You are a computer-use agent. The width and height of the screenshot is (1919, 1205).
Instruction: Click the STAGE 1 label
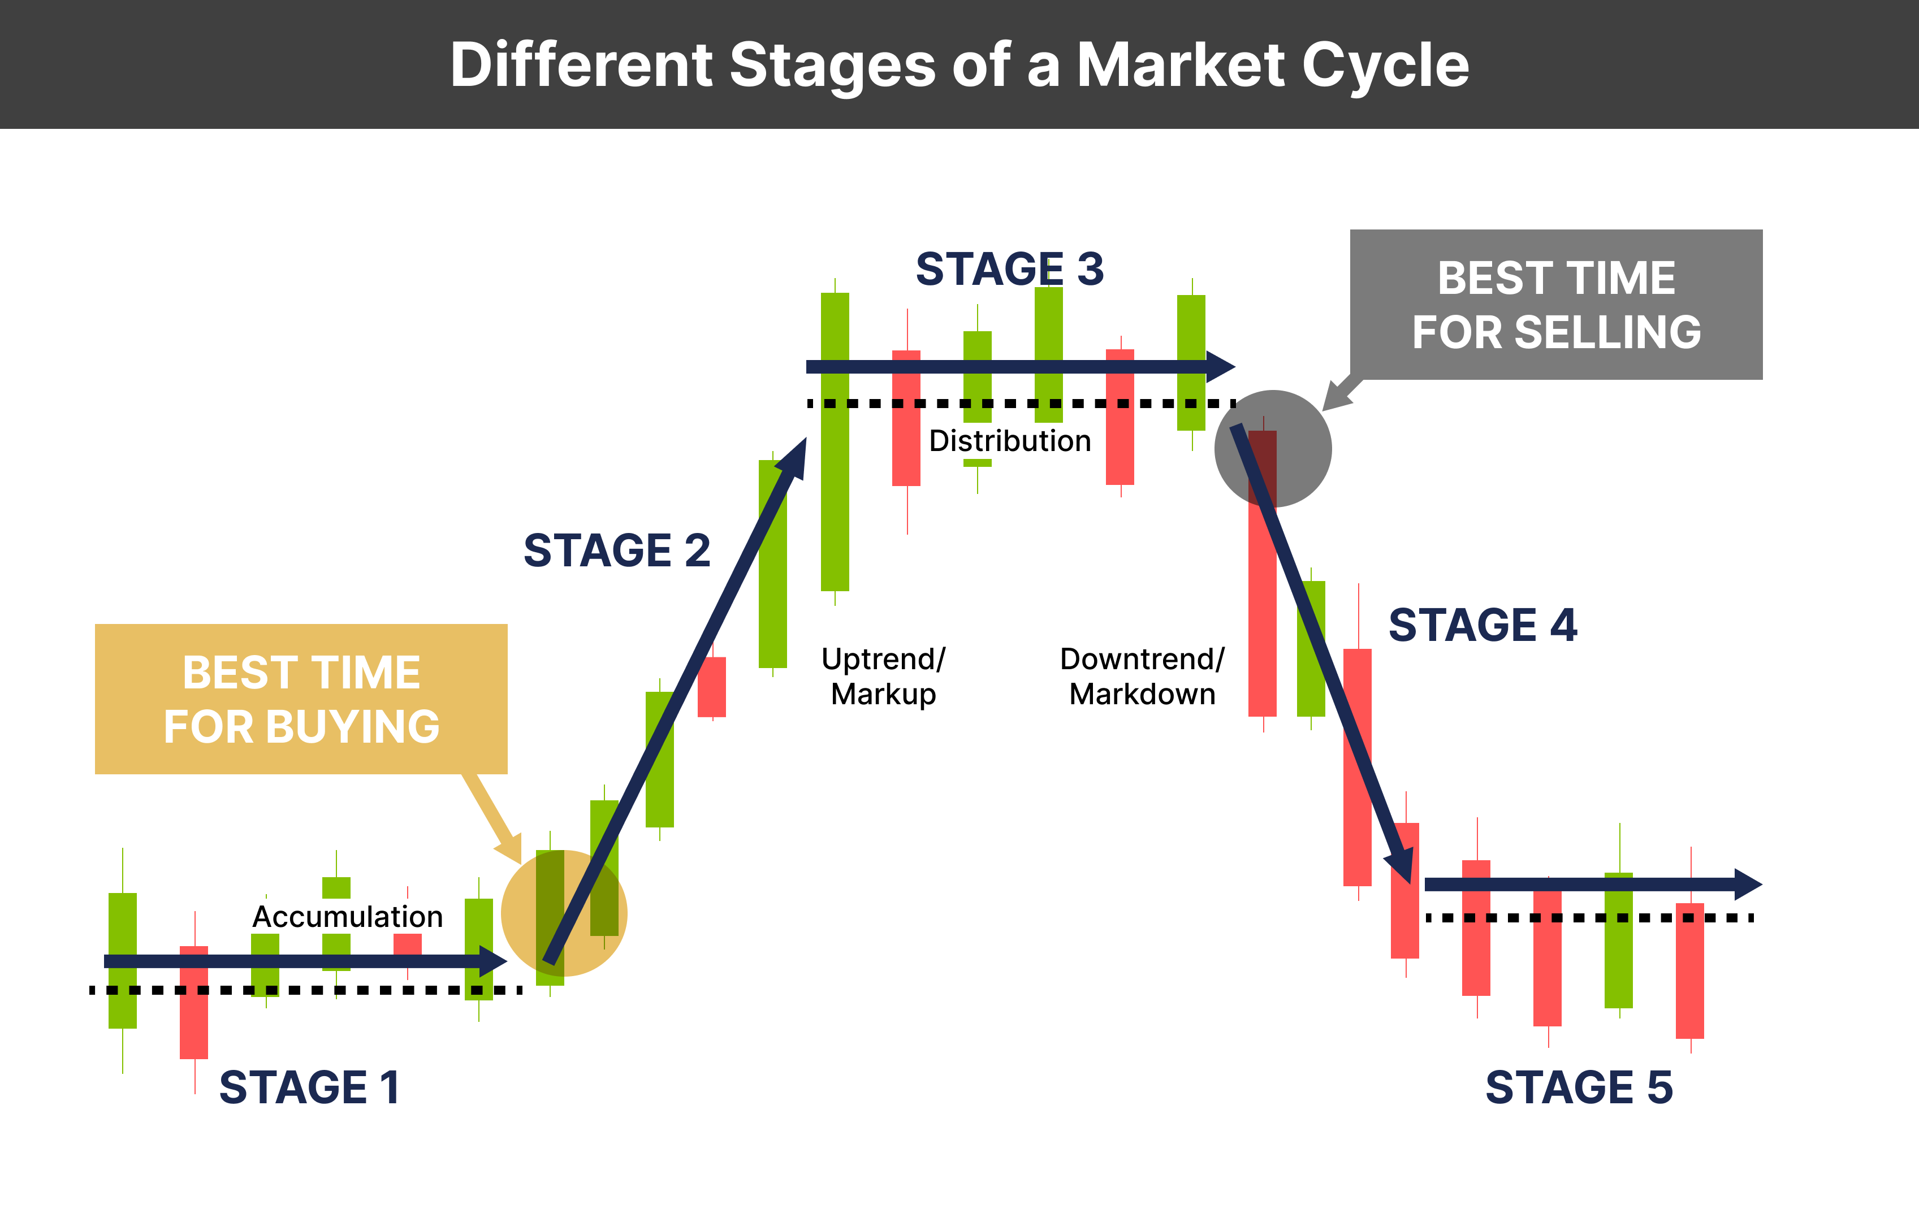[x=309, y=1088]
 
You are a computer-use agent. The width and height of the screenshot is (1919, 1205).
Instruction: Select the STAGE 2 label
[x=617, y=551]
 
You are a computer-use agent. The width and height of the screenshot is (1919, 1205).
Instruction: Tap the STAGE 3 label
[x=1010, y=269]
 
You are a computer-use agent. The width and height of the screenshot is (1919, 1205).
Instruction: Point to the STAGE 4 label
[x=1483, y=625]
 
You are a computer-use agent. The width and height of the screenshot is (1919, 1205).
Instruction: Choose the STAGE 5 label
[x=1579, y=1088]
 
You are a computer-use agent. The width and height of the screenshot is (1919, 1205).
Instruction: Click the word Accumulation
[x=348, y=917]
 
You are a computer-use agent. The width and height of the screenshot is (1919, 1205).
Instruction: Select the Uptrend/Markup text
[x=883, y=676]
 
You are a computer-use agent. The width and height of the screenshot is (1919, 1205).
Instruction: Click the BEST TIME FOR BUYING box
[x=301, y=699]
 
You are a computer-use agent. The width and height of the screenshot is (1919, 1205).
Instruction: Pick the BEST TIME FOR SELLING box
[x=1555, y=304]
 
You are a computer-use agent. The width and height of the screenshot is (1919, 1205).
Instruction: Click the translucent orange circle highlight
[x=564, y=913]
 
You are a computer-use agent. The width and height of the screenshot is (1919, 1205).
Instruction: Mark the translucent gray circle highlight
[x=1273, y=448]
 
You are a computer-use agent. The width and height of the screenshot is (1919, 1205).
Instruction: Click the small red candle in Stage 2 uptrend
[x=712, y=687]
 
